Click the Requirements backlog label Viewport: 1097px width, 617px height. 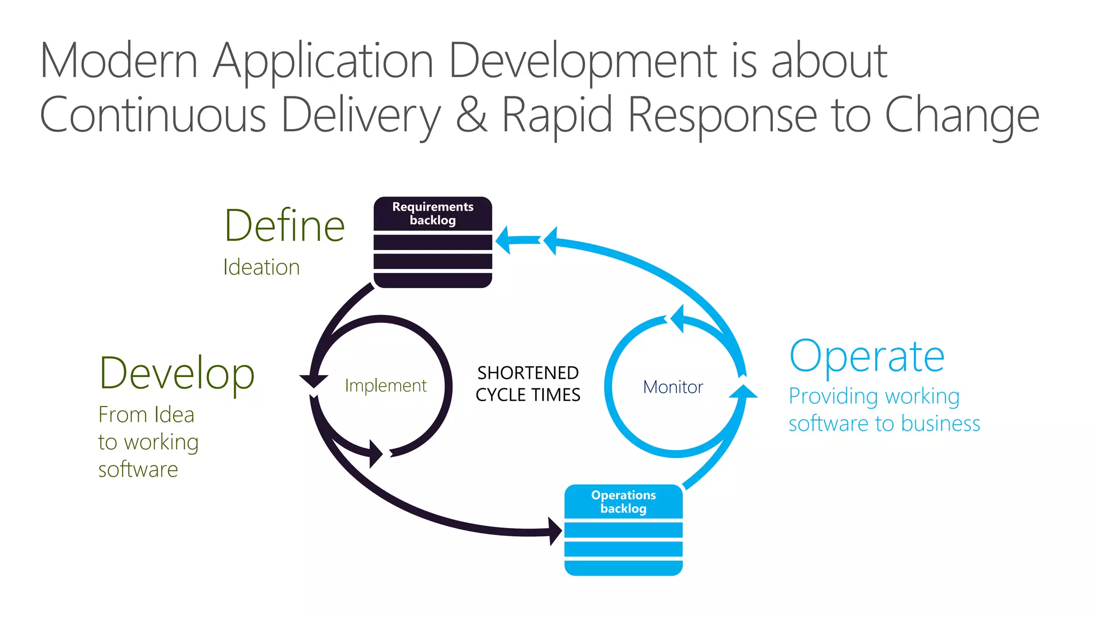click(x=433, y=213)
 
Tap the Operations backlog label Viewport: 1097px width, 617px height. click(x=623, y=501)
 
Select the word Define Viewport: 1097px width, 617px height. click(x=284, y=225)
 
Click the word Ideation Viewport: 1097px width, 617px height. click(x=261, y=267)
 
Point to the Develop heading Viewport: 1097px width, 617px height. click(x=177, y=373)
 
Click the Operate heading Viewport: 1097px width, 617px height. click(x=867, y=356)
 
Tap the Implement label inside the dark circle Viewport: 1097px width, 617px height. click(x=386, y=386)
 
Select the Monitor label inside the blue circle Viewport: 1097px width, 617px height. click(x=673, y=387)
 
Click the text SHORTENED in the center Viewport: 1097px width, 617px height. click(x=528, y=373)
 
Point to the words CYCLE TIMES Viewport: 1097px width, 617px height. click(x=528, y=395)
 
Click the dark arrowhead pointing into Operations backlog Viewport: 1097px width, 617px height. click(x=555, y=531)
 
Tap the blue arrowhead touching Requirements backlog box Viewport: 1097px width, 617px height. click(x=504, y=240)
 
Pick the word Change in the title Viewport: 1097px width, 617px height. click(x=961, y=116)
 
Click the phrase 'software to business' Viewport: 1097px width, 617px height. click(x=884, y=423)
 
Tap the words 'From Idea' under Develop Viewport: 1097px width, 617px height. click(x=146, y=415)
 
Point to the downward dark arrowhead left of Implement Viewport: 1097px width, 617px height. click(x=313, y=381)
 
